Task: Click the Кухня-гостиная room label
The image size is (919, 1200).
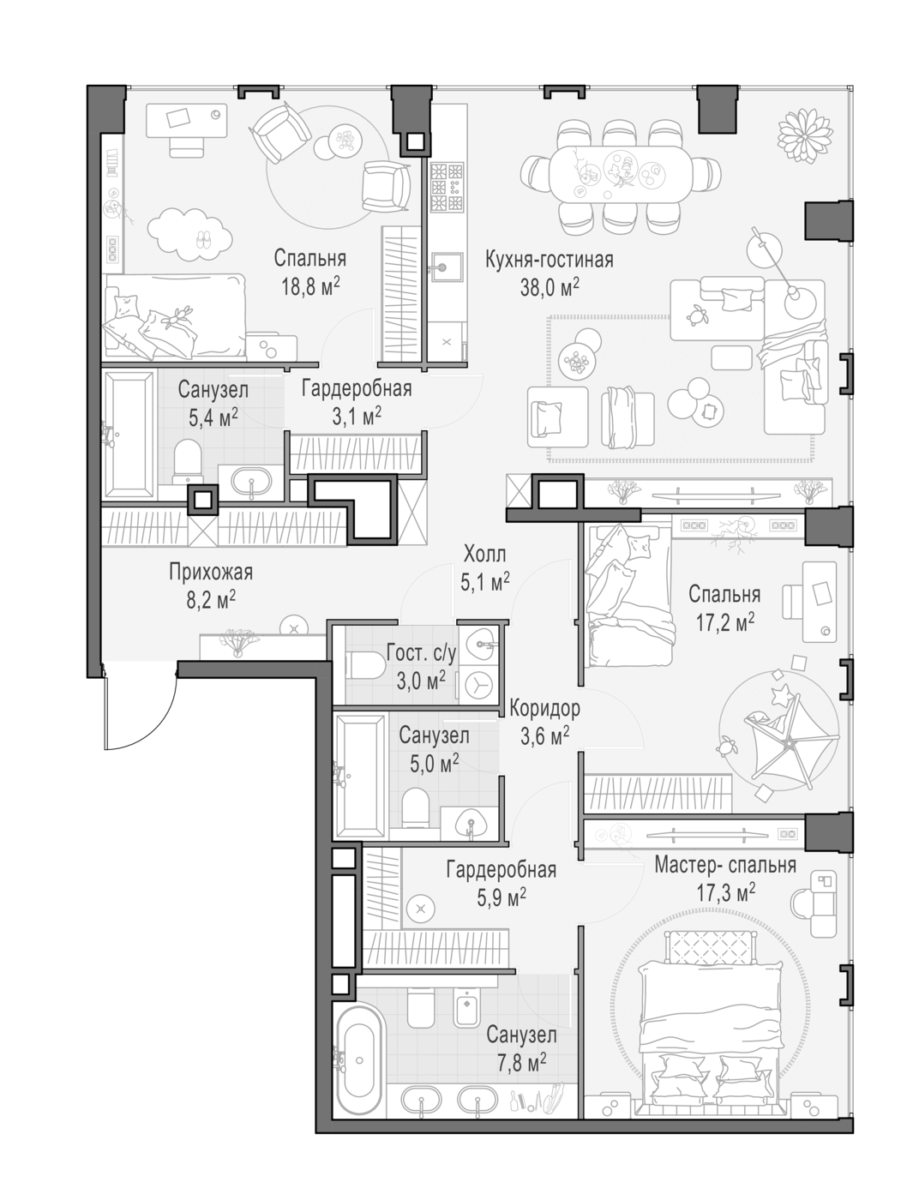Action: (549, 259)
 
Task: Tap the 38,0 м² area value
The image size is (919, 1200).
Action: (549, 286)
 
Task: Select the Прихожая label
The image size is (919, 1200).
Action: (210, 572)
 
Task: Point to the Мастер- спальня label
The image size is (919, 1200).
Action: (725, 865)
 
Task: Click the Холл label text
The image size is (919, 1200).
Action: (485, 554)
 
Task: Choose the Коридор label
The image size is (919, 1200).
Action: (544, 708)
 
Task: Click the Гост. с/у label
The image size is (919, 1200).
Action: (422, 653)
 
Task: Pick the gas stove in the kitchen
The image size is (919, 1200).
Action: (447, 188)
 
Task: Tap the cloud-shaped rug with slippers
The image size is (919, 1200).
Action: (189, 232)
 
